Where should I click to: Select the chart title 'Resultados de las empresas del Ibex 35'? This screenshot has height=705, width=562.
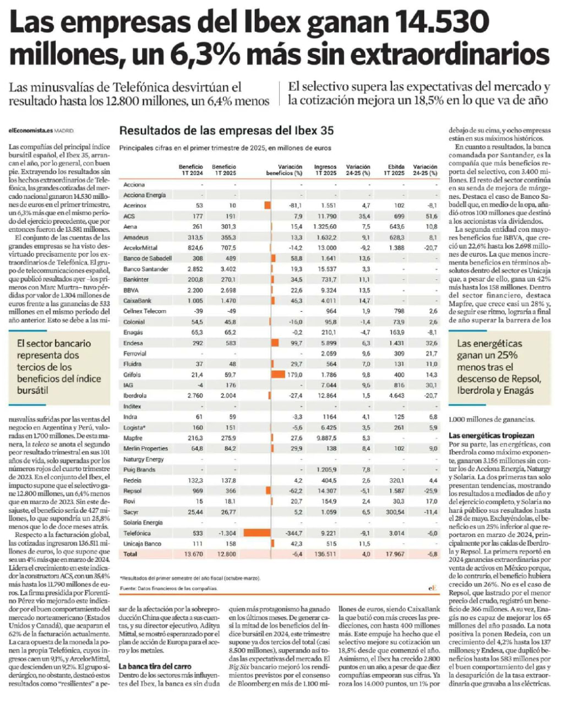coord(226,131)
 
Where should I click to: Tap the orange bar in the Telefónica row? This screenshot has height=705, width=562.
coord(257,533)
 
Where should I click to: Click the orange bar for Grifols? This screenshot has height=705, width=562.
coord(278,375)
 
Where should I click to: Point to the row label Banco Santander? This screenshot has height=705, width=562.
coord(146,269)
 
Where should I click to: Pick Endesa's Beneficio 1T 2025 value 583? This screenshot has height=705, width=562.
coord(231,343)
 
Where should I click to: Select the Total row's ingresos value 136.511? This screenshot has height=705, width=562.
coord(325,554)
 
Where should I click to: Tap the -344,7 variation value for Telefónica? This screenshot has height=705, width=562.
coord(293,533)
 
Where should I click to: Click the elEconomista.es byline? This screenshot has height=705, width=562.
coord(30,131)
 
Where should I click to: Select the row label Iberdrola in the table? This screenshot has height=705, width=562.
coord(135,395)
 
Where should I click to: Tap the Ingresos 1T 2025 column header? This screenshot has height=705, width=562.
coord(325,170)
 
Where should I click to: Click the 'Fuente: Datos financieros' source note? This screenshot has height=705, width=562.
coord(168,588)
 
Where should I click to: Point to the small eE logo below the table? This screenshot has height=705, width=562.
coord(433,588)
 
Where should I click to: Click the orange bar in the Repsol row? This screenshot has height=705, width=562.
coord(269,491)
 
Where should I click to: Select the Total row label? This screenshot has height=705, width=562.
coord(130,554)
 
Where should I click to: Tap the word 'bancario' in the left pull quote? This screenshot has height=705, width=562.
coord(74,343)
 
